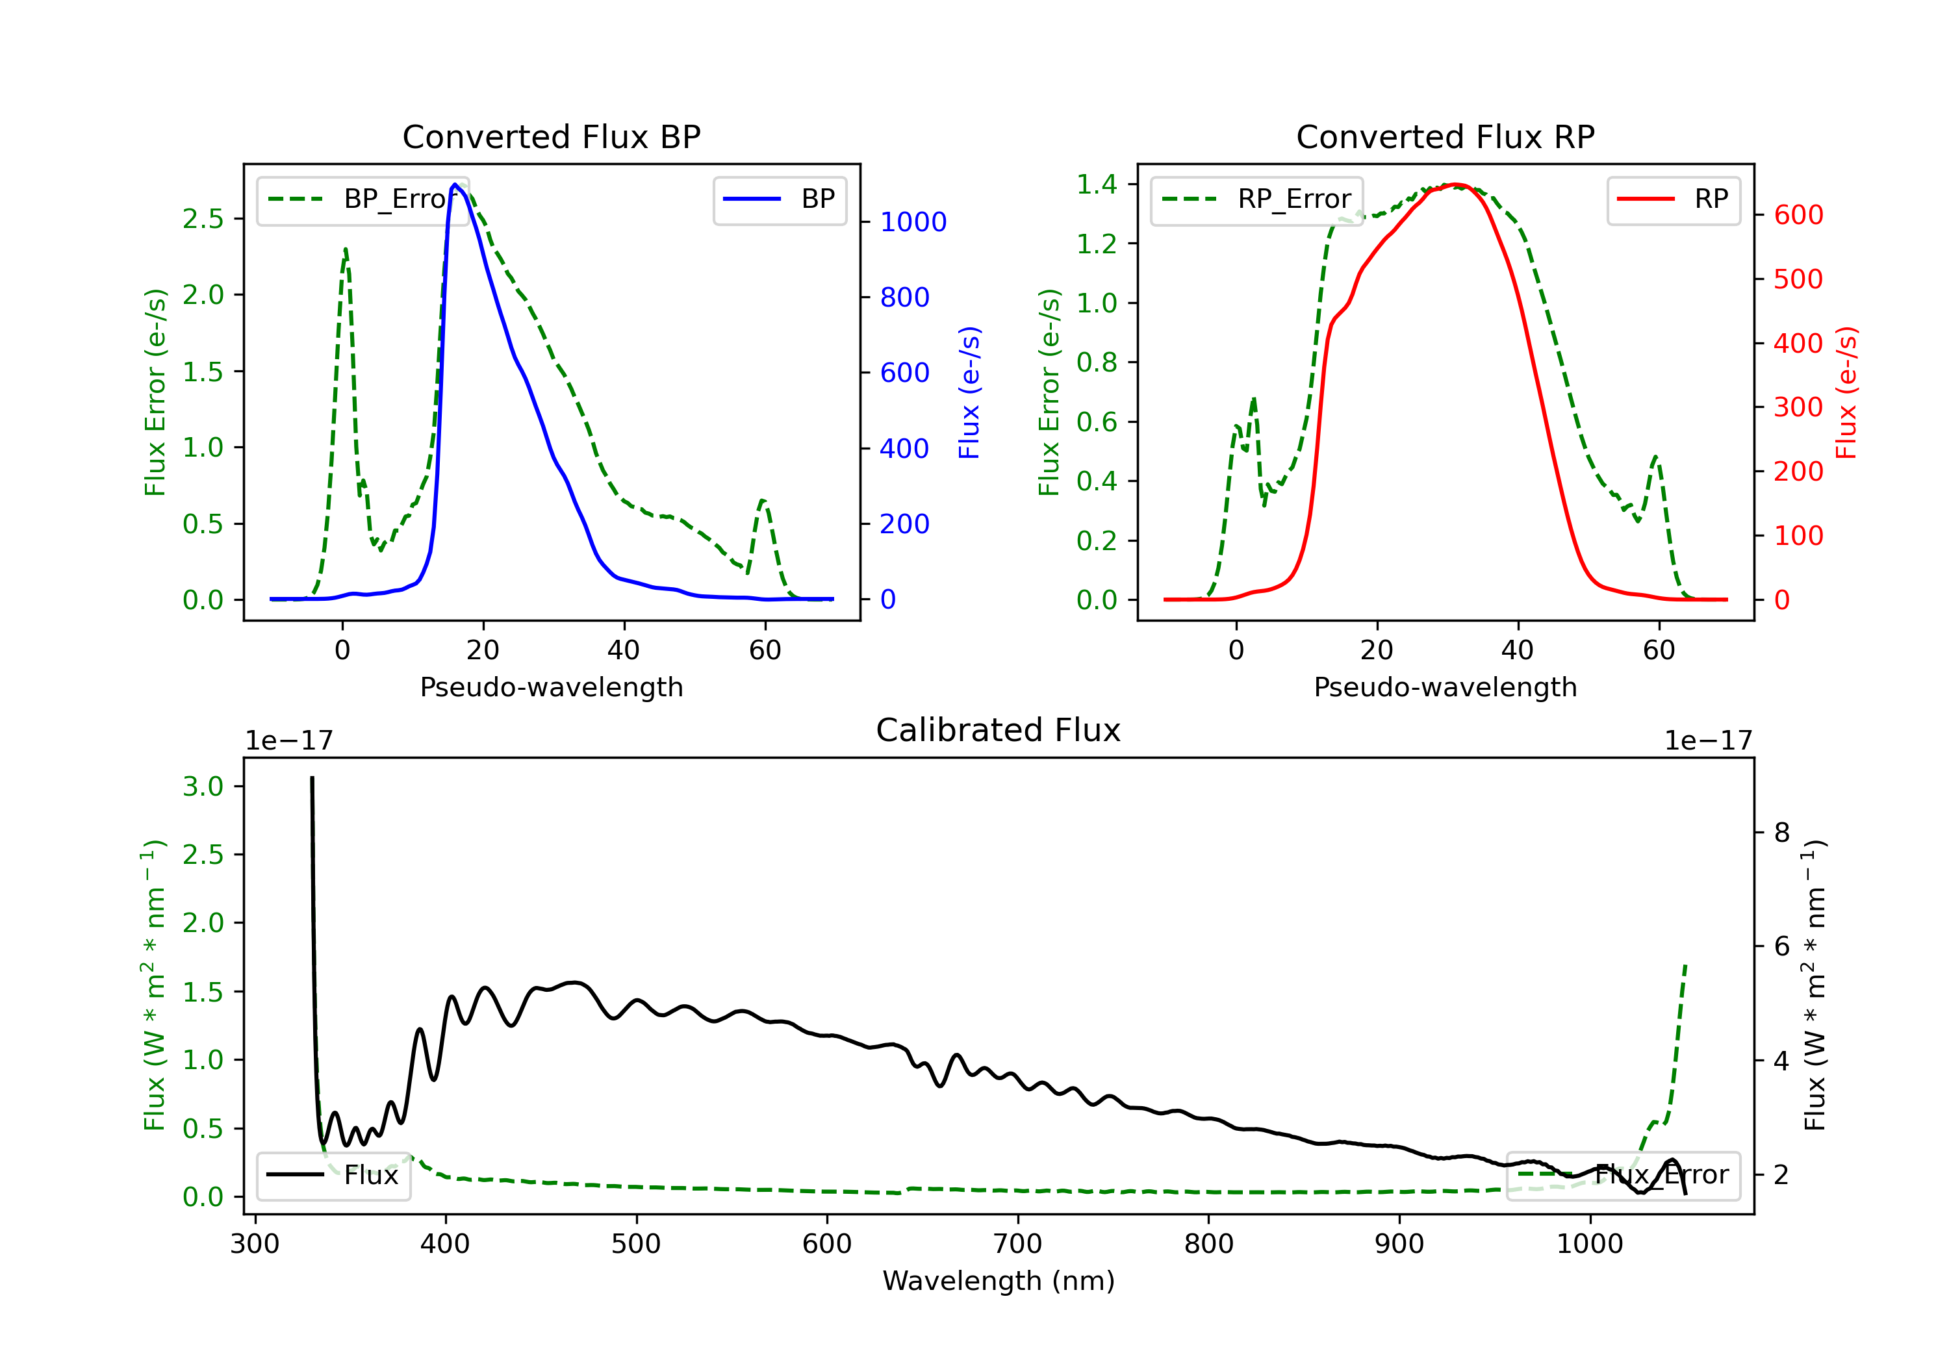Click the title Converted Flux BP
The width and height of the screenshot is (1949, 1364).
[551, 136]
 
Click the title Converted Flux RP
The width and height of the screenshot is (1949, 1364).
[1445, 136]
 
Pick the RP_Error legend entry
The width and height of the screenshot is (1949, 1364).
[1256, 199]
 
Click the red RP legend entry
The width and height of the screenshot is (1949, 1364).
[1672, 199]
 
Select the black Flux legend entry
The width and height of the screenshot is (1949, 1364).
[334, 1175]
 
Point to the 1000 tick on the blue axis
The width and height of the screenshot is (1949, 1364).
[913, 222]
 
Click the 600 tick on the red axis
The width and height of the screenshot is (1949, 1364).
[1798, 215]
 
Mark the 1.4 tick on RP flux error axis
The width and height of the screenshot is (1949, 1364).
[1097, 184]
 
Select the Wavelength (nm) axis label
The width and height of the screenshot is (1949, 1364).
[999, 1281]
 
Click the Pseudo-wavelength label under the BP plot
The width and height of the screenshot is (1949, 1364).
[551, 687]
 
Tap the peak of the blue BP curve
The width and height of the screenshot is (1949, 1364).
[455, 184]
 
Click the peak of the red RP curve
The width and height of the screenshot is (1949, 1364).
[1455, 184]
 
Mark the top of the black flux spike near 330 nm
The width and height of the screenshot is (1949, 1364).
[312, 777]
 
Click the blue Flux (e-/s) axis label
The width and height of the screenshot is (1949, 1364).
[969, 392]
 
